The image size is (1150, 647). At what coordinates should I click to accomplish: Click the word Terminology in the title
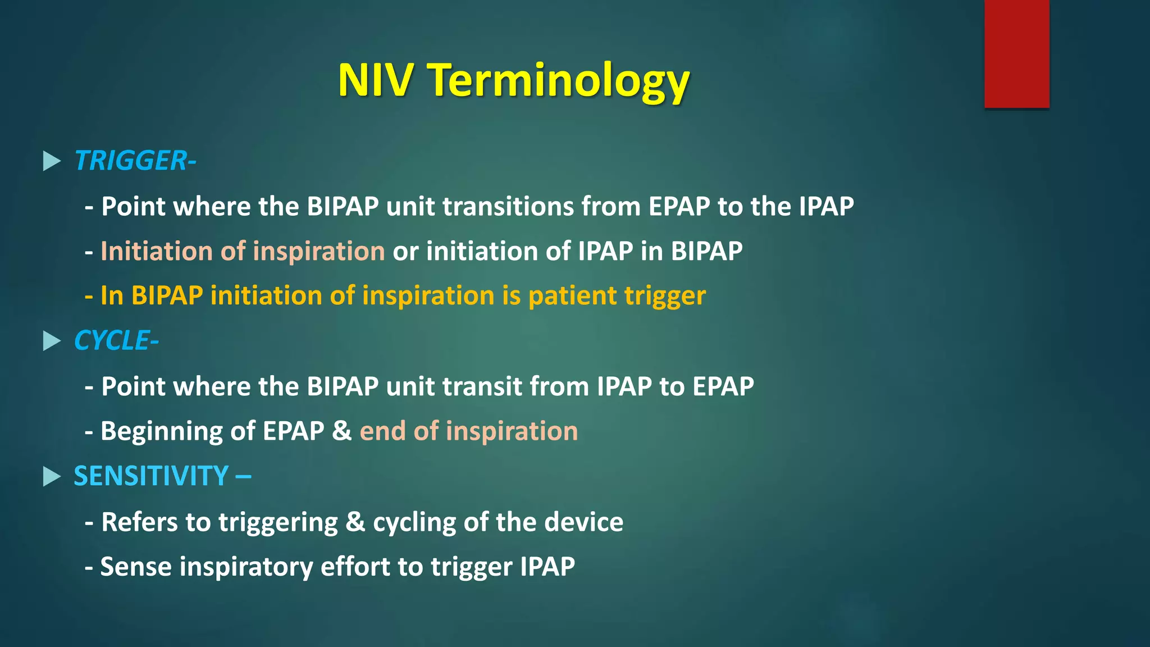(x=559, y=80)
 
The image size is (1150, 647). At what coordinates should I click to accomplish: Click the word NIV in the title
(x=375, y=80)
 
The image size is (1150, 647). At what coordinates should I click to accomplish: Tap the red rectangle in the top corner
(x=1016, y=53)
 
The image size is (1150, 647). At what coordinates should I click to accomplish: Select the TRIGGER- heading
(x=135, y=161)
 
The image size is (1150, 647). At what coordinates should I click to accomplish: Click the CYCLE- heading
(x=116, y=341)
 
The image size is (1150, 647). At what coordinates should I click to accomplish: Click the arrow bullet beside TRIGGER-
(x=52, y=161)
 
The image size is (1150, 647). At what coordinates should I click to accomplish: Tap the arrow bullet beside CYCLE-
(x=52, y=341)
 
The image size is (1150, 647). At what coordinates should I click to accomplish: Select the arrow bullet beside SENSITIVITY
(x=52, y=477)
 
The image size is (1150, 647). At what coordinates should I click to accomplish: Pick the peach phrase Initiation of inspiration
(x=243, y=251)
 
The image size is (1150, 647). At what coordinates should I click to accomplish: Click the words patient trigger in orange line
(x=617, y=296)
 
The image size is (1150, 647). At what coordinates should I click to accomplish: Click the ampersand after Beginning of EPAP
(x=341, y=431)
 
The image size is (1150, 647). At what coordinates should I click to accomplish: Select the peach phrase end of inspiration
(x=468, y=431)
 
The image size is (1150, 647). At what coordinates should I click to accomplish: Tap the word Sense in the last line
(x=136, y=567)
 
